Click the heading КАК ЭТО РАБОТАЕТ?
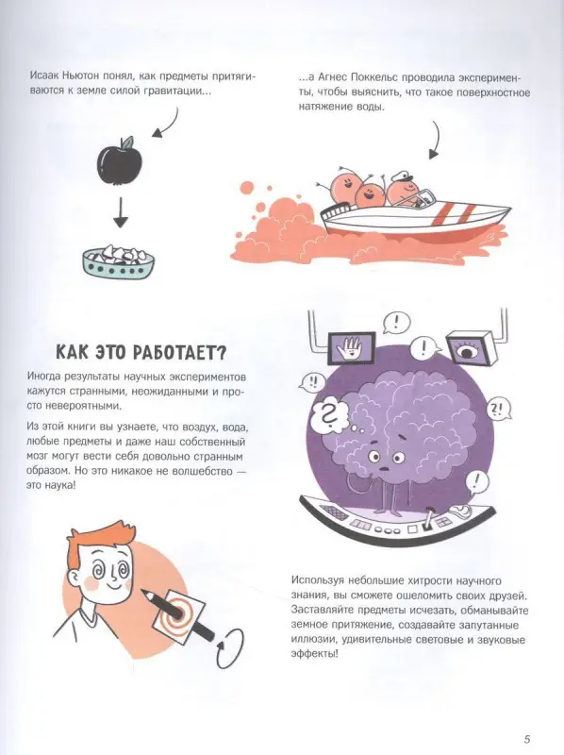(134, 353)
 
